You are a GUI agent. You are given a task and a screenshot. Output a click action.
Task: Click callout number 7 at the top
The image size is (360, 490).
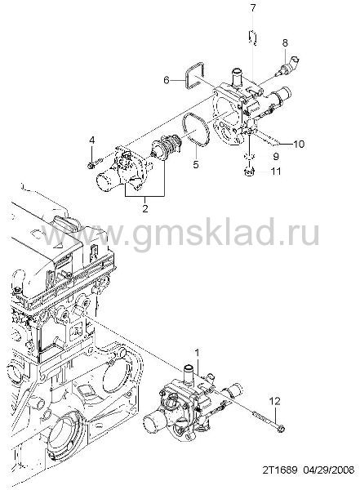(x=253, y=8)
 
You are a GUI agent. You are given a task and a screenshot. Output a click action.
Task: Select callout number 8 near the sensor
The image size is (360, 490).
(x=285, y=42)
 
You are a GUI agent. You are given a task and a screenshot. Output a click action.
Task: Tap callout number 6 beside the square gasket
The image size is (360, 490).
(x=167, y=80)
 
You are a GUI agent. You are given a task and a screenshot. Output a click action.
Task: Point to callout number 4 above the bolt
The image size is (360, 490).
(x=92, y=140)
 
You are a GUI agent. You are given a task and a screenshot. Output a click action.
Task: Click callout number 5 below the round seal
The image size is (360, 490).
(x=196, y=164)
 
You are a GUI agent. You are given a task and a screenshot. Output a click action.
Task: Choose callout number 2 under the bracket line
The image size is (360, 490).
(x=145, y=208)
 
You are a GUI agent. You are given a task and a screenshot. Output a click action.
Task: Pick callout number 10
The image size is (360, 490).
(x=299, y=144)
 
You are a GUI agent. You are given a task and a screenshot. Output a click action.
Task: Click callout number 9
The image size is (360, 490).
(x=275, y=156)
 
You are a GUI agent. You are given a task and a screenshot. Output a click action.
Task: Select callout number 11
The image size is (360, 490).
(x=276, y=171)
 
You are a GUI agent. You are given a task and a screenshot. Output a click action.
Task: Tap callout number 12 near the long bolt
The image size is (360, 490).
(x=274, y=401)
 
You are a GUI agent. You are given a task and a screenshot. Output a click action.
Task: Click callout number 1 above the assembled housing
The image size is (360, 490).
(x=197, y=353)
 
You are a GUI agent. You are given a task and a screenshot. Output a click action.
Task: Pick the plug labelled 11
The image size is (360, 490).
(x=249, y=171)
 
